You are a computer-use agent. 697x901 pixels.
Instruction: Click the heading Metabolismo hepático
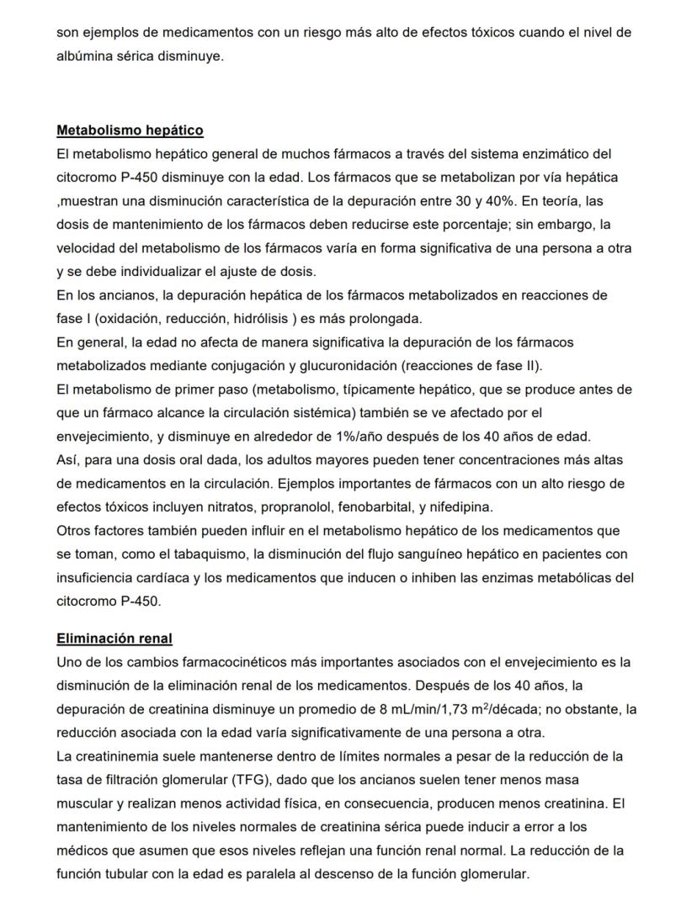130,130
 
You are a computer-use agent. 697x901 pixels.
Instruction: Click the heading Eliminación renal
114,639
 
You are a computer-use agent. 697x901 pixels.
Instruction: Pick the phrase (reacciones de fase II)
472,366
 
